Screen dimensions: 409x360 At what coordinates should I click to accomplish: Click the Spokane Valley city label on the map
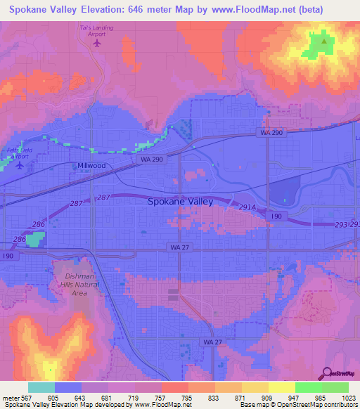(181, 201)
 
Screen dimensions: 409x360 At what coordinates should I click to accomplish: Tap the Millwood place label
(91, 166)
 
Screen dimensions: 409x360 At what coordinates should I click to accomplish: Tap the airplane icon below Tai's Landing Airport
(97, 43)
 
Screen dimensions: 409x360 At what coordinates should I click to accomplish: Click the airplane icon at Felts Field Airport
(20, 167)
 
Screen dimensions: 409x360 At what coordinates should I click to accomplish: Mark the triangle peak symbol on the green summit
(323, 41)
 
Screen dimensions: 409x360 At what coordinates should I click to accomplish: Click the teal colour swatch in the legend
(41, 387)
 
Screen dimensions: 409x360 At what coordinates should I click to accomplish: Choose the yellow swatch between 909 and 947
(281, 387)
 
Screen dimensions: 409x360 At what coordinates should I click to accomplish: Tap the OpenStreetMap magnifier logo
(326, 372)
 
